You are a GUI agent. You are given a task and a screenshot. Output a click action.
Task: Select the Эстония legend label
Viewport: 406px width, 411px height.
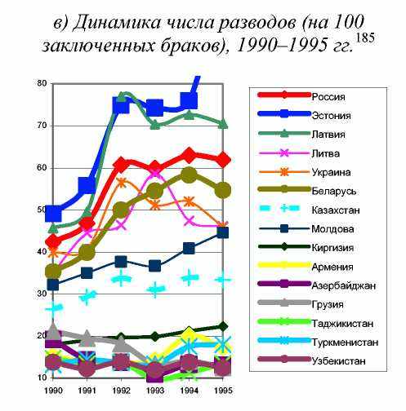(x=331, y=116)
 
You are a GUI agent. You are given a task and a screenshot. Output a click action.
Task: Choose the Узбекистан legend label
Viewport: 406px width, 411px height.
(x=338, y=361)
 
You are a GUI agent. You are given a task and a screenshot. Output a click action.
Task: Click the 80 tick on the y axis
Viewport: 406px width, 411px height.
(x=42, y=83)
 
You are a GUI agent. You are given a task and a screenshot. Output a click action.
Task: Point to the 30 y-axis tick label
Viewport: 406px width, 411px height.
(x=42, y=294)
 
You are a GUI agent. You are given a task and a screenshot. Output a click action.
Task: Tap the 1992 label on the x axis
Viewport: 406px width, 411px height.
(x=121, y=391)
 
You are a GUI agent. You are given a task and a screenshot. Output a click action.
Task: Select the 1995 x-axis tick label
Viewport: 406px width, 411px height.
(x=223, y=391)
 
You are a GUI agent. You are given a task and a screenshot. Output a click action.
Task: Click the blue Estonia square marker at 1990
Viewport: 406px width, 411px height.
(x=53, y=213)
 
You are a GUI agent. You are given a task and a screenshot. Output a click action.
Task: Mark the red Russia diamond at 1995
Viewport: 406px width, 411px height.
(x=224, y=160)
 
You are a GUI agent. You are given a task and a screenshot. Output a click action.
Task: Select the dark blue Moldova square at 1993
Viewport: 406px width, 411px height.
(x=155, y=266)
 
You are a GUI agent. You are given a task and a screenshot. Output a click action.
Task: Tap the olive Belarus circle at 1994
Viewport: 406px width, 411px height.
(x=189, y=175)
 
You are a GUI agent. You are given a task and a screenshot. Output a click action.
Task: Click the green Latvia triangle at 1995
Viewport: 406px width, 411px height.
(x=223, y=124)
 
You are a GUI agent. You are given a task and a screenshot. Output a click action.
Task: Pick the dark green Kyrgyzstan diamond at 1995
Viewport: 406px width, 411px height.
(x=223, y=326)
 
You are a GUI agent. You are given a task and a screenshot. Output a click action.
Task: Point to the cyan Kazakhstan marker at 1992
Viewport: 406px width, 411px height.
(x=122, y=278)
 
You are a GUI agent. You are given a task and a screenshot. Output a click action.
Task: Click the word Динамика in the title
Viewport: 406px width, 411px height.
(x=117, y=22)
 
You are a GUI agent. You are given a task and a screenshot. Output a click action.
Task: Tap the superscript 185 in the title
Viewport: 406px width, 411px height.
(x=365, y=38)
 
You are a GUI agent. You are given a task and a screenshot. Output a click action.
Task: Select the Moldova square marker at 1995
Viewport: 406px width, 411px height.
(x=223, y=232)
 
